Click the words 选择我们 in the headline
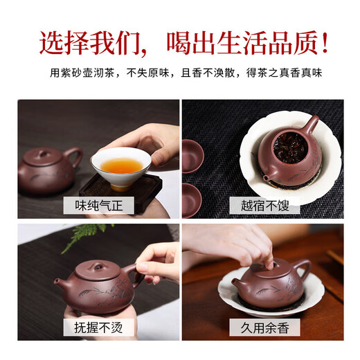click(90, 43)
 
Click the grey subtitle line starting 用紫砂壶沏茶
click(180, 73)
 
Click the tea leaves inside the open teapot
click(285, 147)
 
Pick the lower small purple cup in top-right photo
click(192, 199)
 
